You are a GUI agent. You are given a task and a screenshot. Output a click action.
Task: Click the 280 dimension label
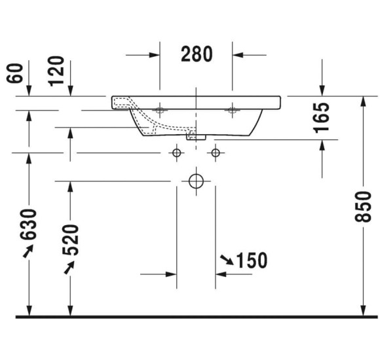197,54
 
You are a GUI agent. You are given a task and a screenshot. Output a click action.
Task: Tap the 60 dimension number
15,73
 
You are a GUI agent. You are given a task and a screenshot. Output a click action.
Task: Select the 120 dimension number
56,71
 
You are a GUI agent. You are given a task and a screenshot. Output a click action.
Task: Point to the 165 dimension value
322,118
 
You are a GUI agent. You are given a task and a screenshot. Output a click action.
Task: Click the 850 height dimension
363,207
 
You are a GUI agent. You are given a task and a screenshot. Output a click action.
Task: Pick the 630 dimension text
29,225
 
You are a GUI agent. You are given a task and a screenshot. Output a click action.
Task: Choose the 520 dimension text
71,240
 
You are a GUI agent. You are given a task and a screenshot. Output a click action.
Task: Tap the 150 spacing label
252,261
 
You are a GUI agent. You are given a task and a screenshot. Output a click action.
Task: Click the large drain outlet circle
196,181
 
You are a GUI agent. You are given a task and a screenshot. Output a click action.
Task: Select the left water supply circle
177,153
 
